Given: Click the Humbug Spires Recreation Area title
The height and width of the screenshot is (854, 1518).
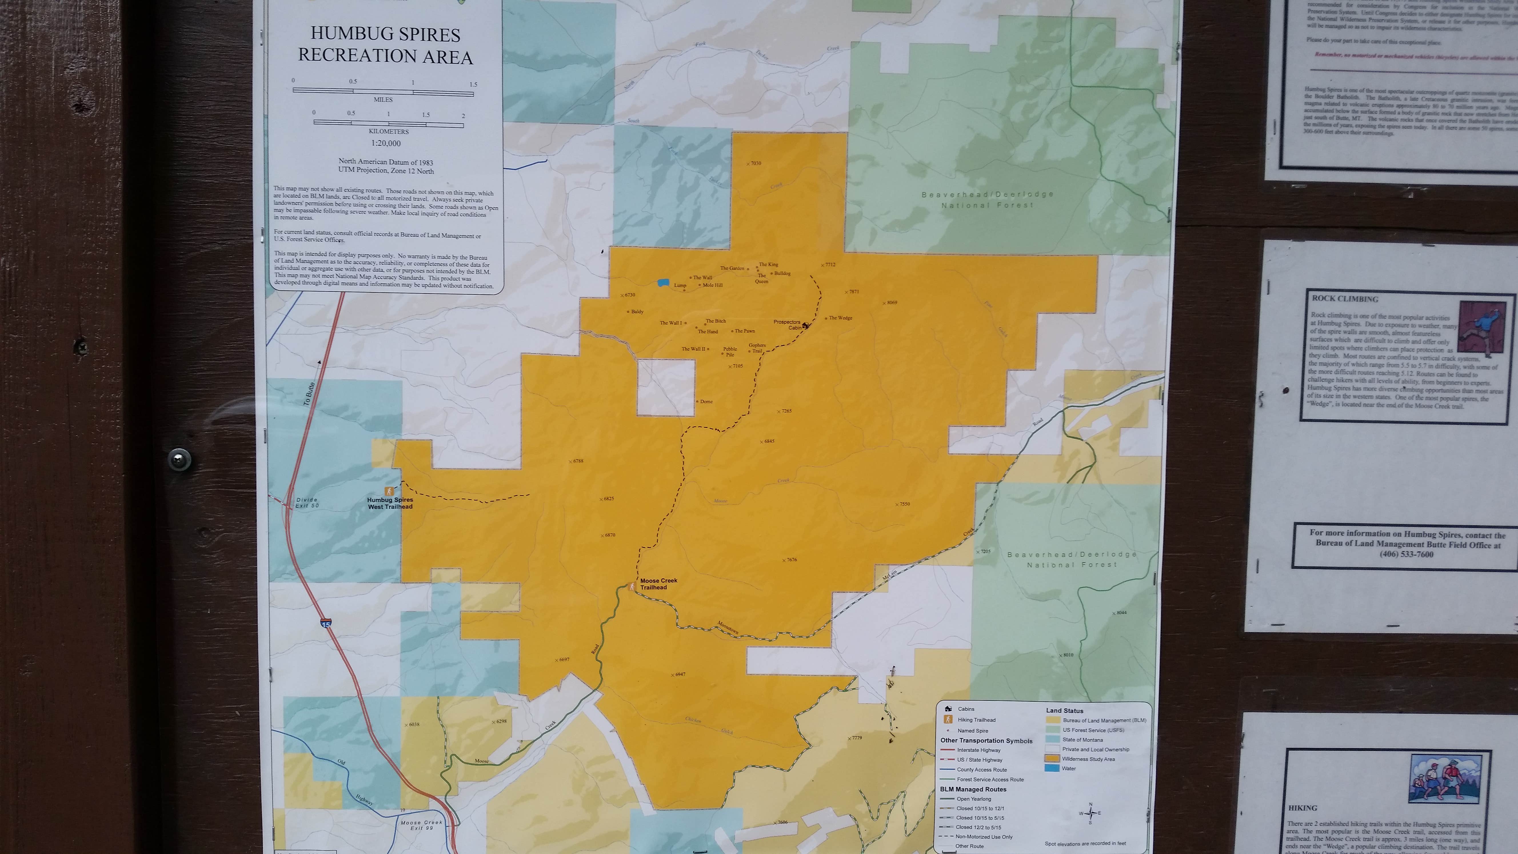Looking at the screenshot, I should [x=386, y=45].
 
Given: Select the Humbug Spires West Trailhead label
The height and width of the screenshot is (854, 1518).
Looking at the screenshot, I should [x=390, y=503].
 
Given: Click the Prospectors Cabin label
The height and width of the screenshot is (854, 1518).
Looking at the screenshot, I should [x=787, y=324].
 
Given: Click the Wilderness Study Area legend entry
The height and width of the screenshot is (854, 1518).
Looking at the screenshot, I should [x=1088, y=759].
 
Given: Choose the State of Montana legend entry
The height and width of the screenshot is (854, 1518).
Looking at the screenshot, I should [x=1082, y=740].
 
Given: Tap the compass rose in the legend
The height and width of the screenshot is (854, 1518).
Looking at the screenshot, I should [x=1090, y=813].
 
